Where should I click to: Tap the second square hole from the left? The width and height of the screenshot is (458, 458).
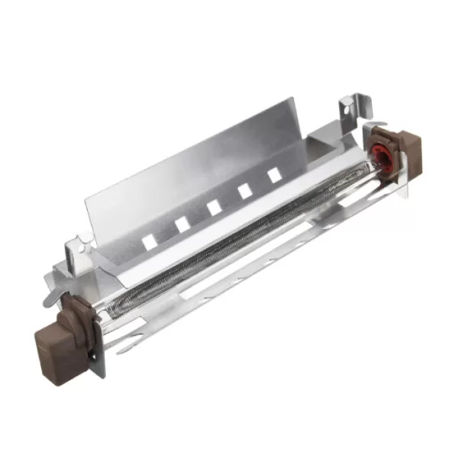[x=182, y=224]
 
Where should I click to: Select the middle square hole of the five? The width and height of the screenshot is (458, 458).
[x=213, y=207]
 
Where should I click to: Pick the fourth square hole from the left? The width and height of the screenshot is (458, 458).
[x=245, y=191]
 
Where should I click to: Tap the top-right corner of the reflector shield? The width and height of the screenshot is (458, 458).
[x=292, y=99]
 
